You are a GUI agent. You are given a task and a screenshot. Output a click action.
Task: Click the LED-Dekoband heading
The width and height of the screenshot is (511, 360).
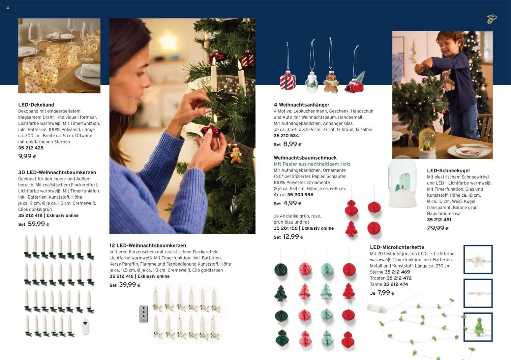pos(36,105)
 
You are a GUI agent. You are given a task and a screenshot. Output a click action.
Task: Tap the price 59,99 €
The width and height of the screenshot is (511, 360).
pos(39,224)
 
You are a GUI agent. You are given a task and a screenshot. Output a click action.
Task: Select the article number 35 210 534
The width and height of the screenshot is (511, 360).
pos(286,136)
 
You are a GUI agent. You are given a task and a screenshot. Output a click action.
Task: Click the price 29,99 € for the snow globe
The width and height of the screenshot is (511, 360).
pos(437,228)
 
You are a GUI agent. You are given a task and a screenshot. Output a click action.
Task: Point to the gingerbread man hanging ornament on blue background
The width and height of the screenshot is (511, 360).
pos(331,82)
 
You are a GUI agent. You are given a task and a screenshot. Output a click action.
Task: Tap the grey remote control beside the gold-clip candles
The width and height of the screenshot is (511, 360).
pos(143,314)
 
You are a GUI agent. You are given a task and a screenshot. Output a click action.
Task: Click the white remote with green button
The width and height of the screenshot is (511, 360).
pos(85,326)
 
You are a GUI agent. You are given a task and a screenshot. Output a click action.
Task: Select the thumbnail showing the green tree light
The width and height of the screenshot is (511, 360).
pos(478,327)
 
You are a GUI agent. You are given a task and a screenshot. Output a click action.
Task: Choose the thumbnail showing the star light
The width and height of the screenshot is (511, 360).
pos(478,259)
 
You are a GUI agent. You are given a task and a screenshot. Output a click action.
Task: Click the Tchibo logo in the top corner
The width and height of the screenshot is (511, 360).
pos(492,19)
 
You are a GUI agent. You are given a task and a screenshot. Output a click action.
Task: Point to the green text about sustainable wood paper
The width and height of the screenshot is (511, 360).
pos(312,164)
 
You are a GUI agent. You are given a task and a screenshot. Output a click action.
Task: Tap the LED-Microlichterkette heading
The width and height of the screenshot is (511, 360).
pos(397,247)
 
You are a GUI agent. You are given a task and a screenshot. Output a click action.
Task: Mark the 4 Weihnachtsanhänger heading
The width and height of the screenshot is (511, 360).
pos(301,105)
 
